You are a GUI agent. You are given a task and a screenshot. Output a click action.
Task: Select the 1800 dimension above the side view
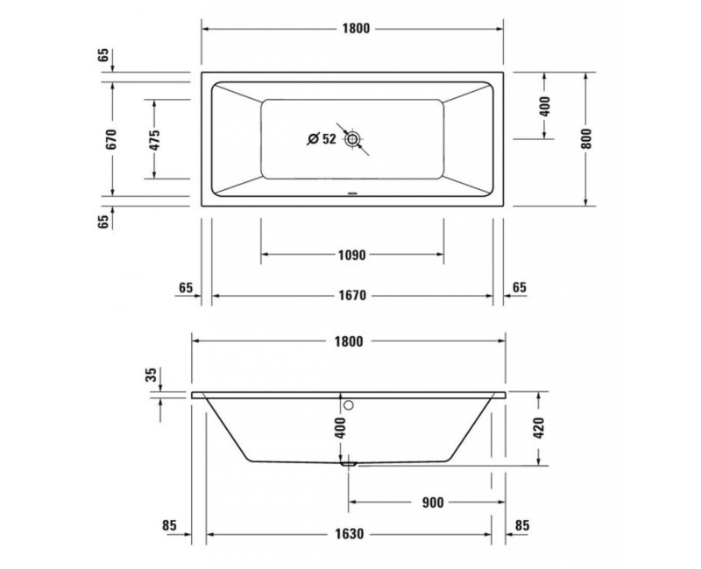350,341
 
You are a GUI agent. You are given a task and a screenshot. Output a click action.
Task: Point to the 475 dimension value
154,139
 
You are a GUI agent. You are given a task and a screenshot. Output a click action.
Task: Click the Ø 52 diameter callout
322,138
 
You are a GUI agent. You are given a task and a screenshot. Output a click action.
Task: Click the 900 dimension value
432,502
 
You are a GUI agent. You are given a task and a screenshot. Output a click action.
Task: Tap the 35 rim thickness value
152,375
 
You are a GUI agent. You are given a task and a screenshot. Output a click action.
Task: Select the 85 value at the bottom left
170,526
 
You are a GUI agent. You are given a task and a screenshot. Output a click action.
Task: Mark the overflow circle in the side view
348,404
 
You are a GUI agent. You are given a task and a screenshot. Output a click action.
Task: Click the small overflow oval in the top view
351,194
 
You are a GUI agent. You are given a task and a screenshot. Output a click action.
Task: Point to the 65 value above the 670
104,57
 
